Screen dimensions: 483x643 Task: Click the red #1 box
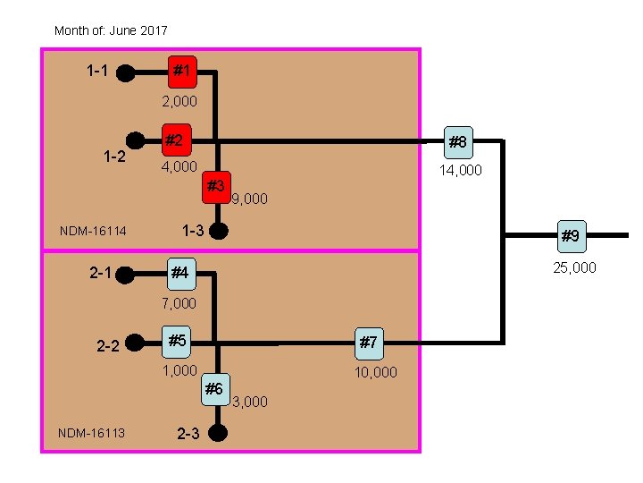(x=181, y=70)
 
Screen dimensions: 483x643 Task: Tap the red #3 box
(x=215, y=186)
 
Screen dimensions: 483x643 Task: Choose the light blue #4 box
(x=181, y=271)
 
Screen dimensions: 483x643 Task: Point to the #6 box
(x=214, y=388)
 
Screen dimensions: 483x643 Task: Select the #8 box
(x=458, y=141)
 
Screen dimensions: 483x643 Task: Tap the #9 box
(x=571, y=236)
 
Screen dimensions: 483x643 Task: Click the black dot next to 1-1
(x=127, y=71)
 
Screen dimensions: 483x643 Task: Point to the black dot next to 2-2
(x=135, y=342)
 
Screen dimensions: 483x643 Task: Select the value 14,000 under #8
(x=460, y=169)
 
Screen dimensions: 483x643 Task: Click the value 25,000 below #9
(x=574, y=267)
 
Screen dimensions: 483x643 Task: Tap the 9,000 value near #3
(x=249, y=199)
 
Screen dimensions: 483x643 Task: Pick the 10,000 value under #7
(x=376, y=371)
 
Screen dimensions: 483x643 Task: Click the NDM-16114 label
(x=93, y=232)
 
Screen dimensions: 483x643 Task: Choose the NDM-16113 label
(x=91, y=434)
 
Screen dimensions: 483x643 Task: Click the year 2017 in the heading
(x=153, y=30)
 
